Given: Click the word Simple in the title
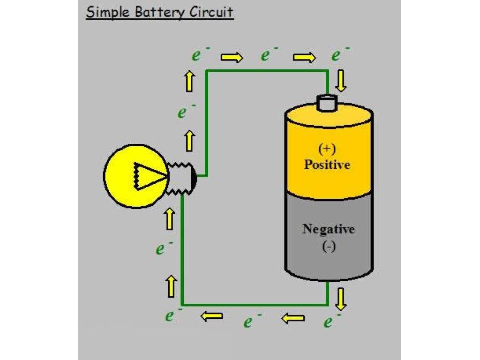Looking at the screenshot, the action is pyautogui.click(x=108, y=13).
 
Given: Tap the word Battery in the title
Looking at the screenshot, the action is pyautogui.click(x=159, y=13).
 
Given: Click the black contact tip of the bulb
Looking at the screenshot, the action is pyautogui.click(x=194, y=176).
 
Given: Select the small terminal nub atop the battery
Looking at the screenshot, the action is pyautogui.click(x=327, y=103).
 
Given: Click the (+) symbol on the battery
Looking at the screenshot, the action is pyautogui.click(x=327, y=149).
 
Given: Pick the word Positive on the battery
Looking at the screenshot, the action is pyautogui.click(x=327, y=165).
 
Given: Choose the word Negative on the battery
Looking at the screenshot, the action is pyautogui.click(x=329, y=229).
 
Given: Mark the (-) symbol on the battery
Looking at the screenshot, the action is pyautogui.click(x=329, y=247).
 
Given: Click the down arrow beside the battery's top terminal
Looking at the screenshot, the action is pyautogui.click(x=341, y=81).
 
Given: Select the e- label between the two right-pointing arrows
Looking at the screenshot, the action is pyautogui.click(x=269, y=54).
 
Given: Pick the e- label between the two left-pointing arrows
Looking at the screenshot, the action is pyautogui.click(x=252, y=321).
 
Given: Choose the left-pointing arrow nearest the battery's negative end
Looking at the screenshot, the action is pyautogui.click(x=292, y=318).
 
